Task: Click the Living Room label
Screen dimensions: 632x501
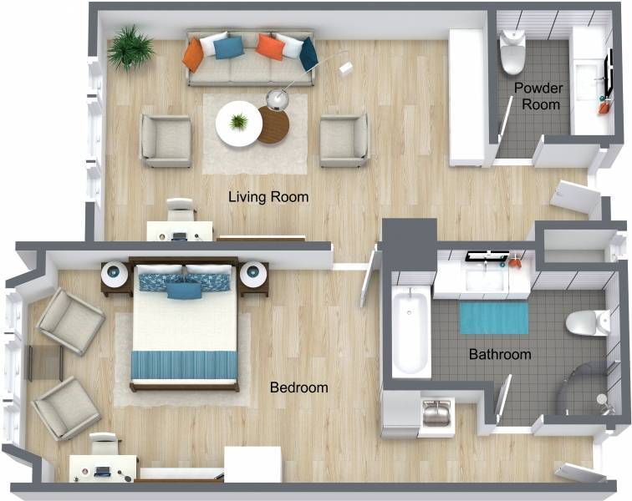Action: click(x=268, y=197)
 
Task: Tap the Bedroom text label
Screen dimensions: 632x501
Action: click(x=298, y=387)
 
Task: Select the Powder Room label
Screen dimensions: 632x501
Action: click(x=539, y=96)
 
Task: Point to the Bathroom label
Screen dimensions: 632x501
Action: click(x=500, y=354)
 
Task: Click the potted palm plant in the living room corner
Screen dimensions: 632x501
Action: click(x=130, y=48)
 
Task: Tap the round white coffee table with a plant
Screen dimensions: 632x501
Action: click(x=238, y=124)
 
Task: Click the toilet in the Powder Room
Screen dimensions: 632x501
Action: click(x=512, y=53)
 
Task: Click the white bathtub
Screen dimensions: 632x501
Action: click(x=410, y=332)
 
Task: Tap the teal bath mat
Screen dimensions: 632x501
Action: click(x=494, y=318)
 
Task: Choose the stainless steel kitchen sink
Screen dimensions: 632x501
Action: click(x=436, y=413)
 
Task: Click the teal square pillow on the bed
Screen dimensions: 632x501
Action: click(x=184, y=291)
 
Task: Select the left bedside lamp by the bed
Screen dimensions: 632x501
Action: click(x=115, y=274)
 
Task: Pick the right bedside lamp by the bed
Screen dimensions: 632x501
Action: click(x=253, y=274)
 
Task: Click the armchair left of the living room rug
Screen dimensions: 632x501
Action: click(x=166, y=141)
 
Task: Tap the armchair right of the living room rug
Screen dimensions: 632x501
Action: click(x=344, y=140)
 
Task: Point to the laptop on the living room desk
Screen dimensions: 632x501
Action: click(x=179, y=235)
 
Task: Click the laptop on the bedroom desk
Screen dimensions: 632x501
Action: click(x=103, y=471)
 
